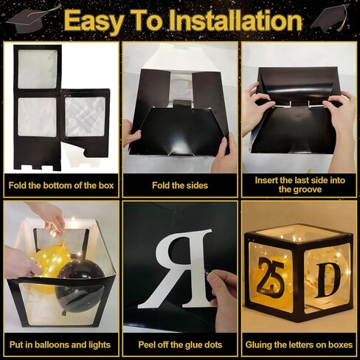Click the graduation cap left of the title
(32, 19)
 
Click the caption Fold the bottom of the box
(61, 185)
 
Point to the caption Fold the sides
(180, 185)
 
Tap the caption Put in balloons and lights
(60, 345)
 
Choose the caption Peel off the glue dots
(180, 345)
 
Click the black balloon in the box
(79, 286)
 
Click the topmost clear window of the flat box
(38, 69)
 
